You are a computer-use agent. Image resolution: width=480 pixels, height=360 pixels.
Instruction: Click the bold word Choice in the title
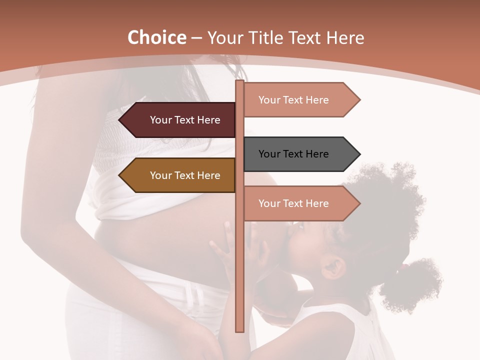(x=156, y=38)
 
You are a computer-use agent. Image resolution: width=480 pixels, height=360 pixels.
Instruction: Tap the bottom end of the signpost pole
(x=239, y=330)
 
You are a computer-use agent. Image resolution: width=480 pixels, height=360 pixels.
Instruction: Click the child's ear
(x=333, y=267)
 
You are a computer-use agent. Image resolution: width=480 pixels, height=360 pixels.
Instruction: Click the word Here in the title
(x=345, y=38)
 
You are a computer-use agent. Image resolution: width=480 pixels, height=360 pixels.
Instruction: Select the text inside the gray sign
(x=293, y=154)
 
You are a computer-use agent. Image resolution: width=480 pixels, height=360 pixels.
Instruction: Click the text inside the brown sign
(x=185, y=175)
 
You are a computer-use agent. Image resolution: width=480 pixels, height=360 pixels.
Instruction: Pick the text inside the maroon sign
(x=185, y=120)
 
